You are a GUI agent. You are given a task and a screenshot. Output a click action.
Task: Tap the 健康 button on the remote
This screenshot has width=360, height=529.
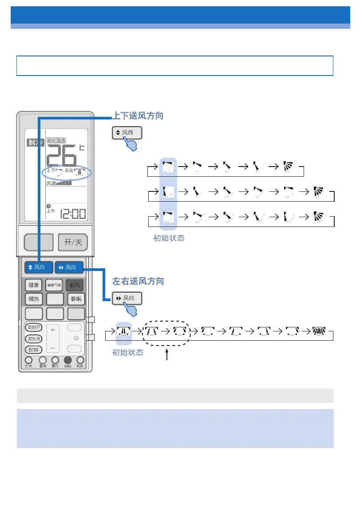[x=33, y=285]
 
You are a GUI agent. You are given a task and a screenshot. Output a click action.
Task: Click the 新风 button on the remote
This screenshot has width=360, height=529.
[x=75, y=285]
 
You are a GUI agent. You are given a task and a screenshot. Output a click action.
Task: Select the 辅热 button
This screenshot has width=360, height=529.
[x=33, y=299]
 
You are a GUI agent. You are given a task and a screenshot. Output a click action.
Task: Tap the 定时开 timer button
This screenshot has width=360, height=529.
[x=33, y=328]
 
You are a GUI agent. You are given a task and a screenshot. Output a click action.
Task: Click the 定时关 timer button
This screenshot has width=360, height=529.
[x=33, y=339]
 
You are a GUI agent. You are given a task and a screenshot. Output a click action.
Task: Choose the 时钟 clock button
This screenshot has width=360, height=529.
[x=33, y=350]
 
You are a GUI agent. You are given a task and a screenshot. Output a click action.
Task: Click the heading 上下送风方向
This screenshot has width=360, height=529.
[x=138, y=116]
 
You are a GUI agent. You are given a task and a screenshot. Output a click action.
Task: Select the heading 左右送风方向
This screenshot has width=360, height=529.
[x=138, y=281]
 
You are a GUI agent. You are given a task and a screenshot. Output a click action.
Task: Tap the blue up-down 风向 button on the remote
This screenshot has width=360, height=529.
[x=39, y=267]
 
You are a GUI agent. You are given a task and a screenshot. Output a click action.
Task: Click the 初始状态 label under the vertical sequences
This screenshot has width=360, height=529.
[x=169, y=238]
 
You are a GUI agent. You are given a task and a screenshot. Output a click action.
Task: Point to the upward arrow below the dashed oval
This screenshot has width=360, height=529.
[x=167, y=355]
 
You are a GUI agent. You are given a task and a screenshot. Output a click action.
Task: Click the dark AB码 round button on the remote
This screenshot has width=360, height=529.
[x=67, y=361]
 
